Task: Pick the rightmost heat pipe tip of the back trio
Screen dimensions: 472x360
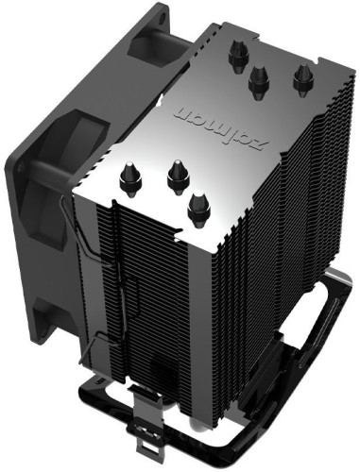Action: (301, 78)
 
